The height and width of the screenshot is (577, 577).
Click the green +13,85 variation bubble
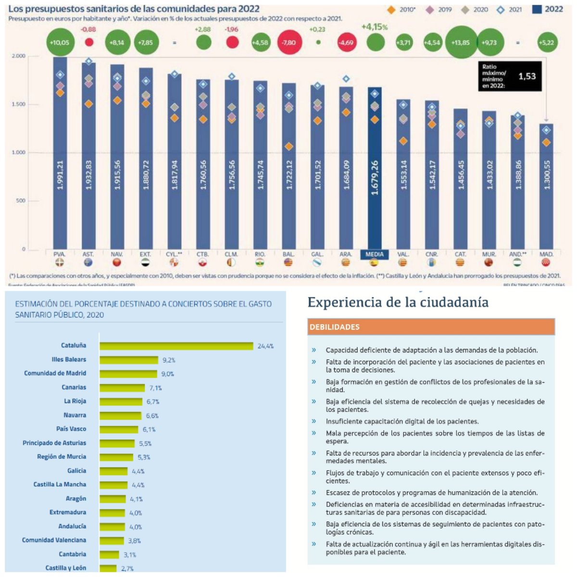coord(461,42)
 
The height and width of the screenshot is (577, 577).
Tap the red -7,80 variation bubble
coord(289,42)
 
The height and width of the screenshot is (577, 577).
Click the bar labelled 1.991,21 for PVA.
coord(60,154)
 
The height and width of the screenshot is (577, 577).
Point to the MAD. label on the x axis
coord(546,254)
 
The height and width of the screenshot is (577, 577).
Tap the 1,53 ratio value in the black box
coord(527,76)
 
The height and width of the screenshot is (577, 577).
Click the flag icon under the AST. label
coord(88,263)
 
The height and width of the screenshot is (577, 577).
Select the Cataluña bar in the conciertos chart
coord(176,346)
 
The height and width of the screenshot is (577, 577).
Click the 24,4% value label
coord(265,346)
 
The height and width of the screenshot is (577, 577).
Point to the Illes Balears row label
coord(69,359)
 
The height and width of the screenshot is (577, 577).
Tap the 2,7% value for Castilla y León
coord(127,568)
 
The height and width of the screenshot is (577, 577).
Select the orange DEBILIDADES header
coord(431,327)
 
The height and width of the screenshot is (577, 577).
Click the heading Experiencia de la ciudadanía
coord(398,302)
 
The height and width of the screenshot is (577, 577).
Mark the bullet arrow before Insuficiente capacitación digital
coord(314,421)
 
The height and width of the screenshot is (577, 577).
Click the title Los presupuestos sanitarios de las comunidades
coord(134,9)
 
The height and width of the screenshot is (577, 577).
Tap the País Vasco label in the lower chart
coord(71,429)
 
